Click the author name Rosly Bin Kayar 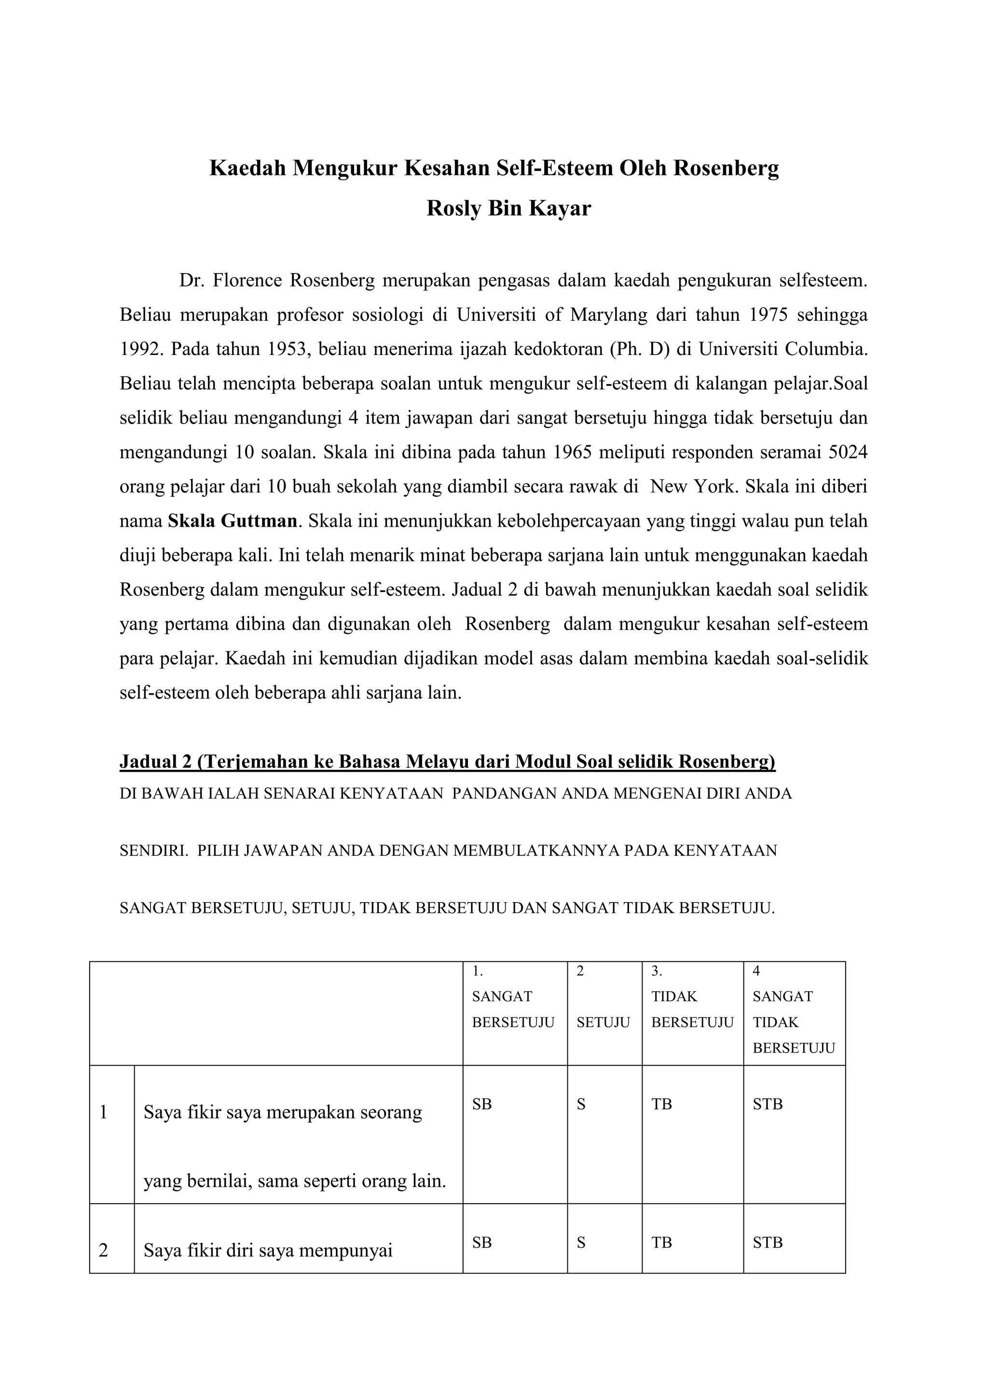tap(508, 209)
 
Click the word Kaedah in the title tap(247, 168)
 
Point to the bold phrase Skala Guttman tap(233, 521)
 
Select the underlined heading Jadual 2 tap(447, 762)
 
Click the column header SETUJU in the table tap(603, 1022)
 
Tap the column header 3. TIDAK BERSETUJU tap(692, 1010)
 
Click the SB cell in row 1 tap(482, 1104)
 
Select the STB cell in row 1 tap(767, 1104)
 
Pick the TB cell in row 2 tap(661, 1243)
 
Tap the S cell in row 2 tap(581, 1243)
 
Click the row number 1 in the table tap(103, 1112)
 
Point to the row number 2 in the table tap(103, 1250)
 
